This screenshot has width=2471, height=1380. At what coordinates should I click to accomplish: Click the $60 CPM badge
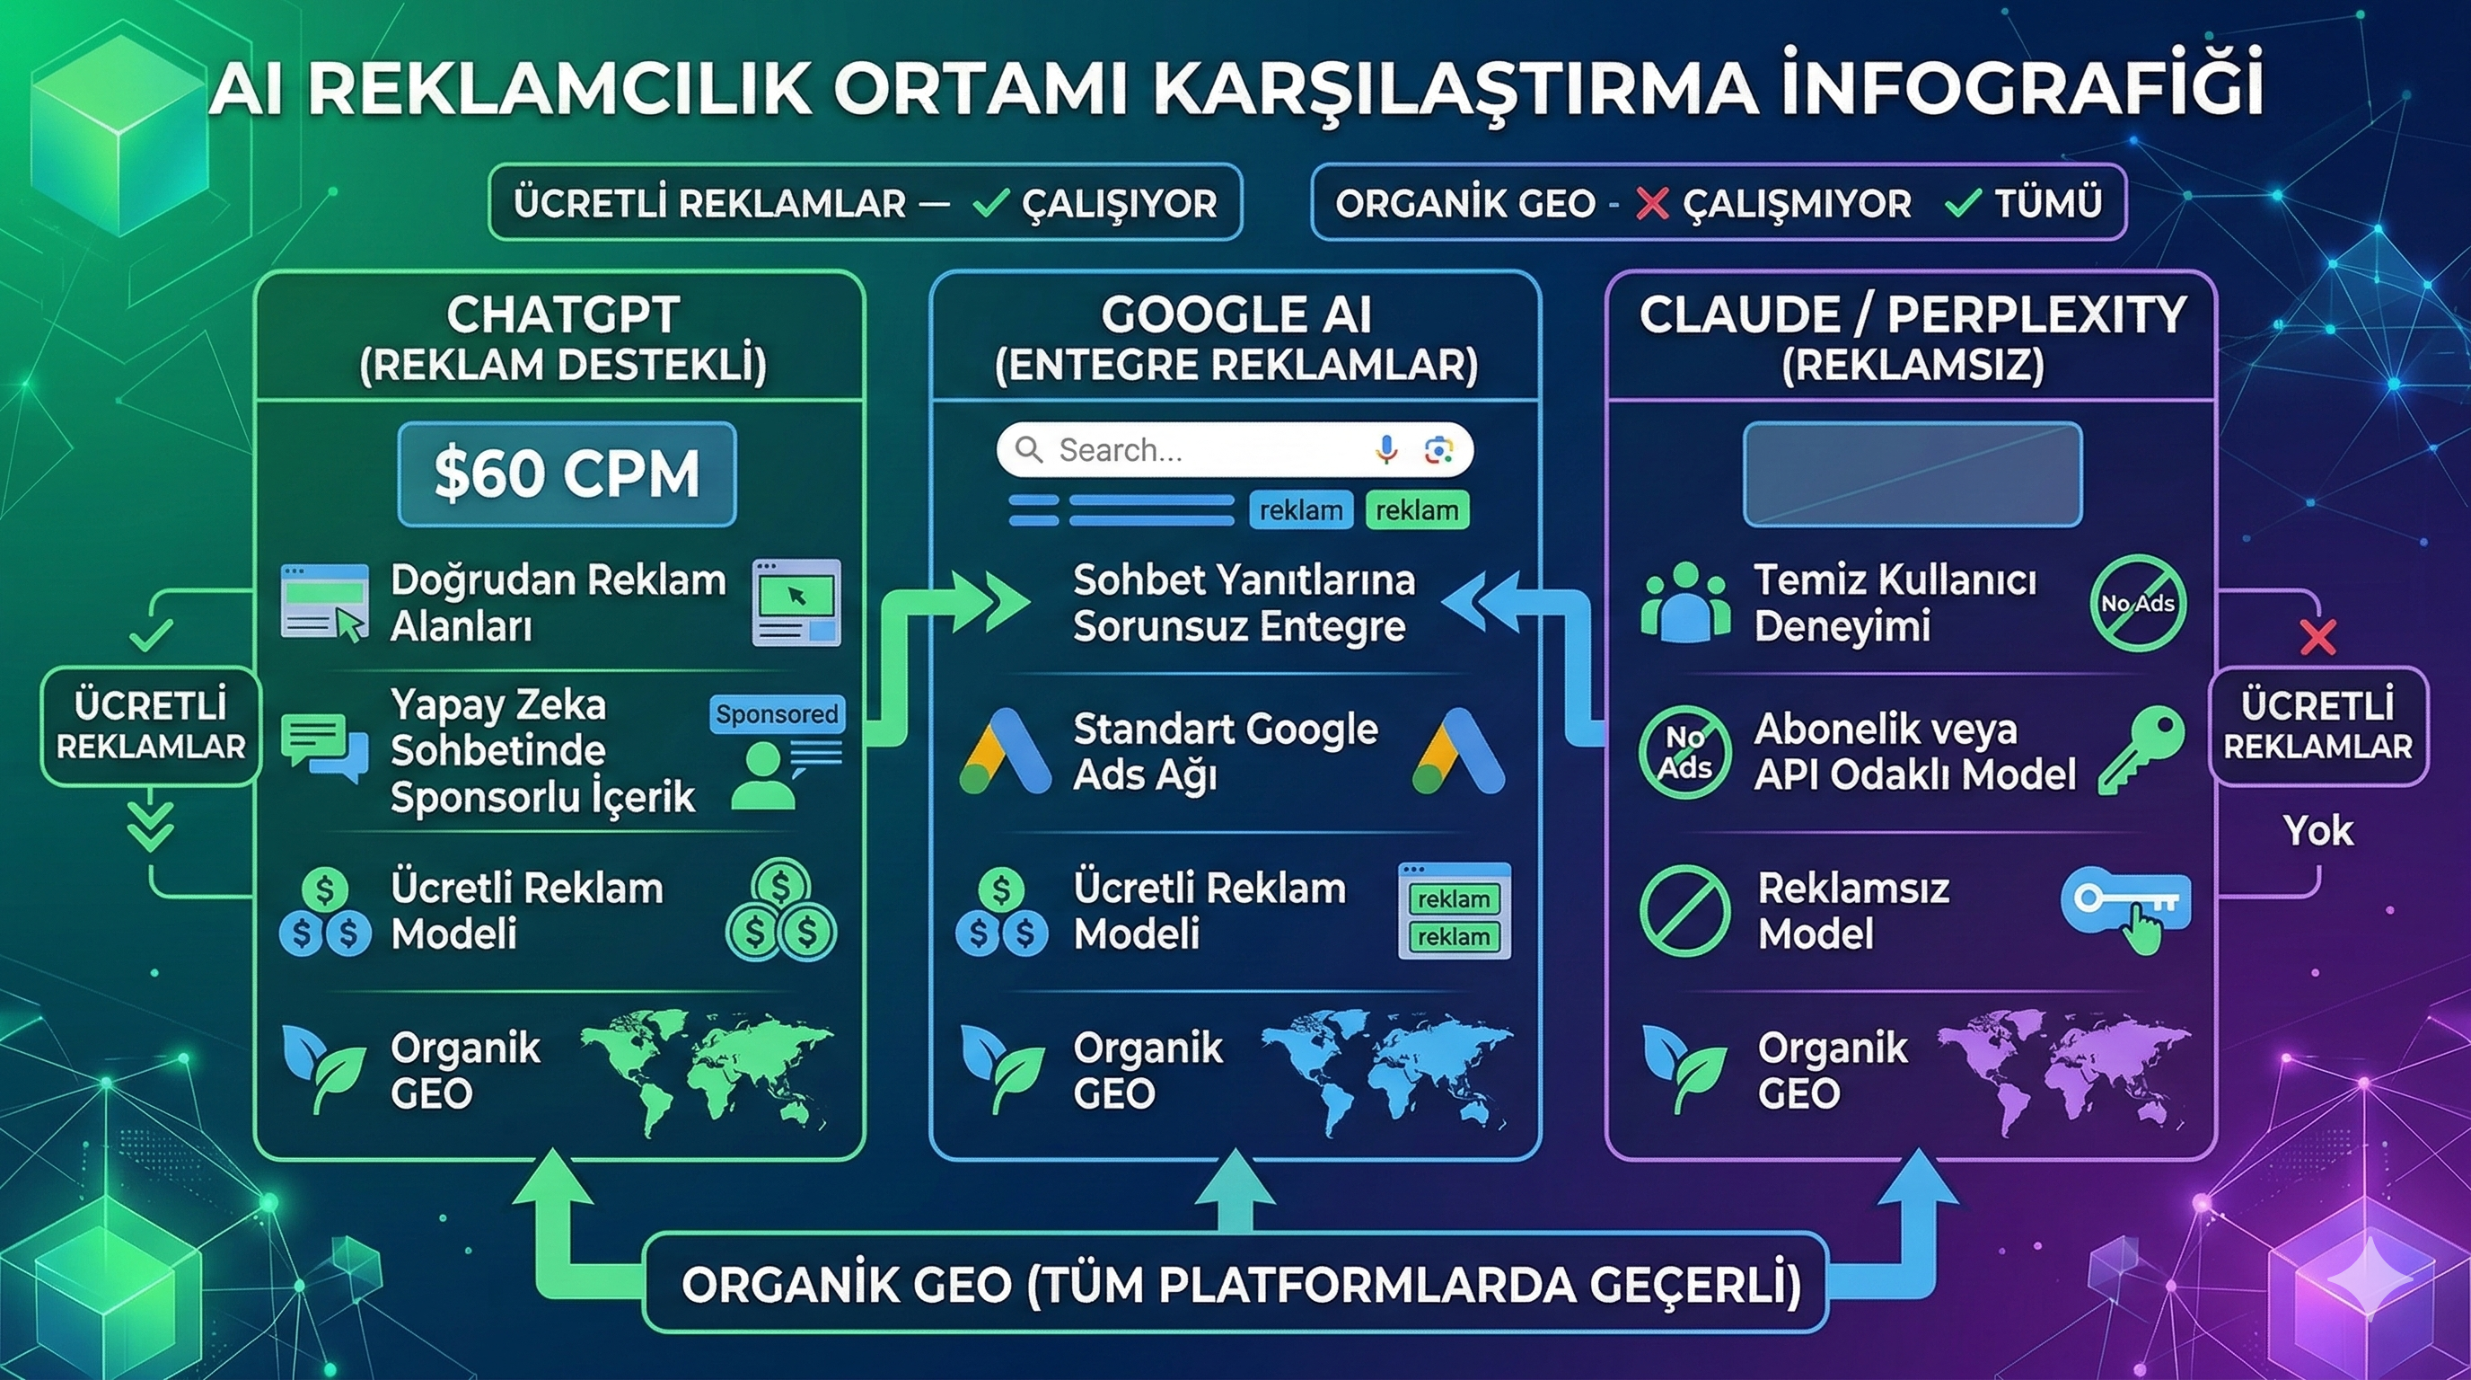coord(567,474)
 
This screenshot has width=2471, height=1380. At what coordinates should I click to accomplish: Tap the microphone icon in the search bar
coord(1385,449)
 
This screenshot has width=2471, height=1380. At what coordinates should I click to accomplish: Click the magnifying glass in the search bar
coord(1028,449)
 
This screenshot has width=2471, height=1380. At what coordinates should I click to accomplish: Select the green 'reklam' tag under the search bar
coord(1416,510)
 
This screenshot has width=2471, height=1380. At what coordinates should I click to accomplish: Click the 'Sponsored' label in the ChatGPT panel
coord(777,714)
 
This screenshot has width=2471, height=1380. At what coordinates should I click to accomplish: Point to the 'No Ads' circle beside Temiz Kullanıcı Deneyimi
coord(2137,604)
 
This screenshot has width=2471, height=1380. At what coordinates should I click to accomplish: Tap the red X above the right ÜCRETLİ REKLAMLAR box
coord(2317,637)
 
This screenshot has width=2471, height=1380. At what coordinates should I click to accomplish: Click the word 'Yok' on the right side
coord(2317,831)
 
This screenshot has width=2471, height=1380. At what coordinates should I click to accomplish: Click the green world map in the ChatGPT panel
coord(706,1072)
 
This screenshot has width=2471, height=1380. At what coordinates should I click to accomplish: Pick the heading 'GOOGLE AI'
coord(1235,314)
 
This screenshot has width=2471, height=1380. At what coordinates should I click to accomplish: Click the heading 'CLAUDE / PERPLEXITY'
coord(1912,314)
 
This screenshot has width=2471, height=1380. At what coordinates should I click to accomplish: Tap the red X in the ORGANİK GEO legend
coord(1652,203)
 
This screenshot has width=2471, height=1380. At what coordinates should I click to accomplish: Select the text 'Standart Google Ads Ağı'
coord(1225,751)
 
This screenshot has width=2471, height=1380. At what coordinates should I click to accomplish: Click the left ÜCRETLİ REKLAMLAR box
coord(151,727)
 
